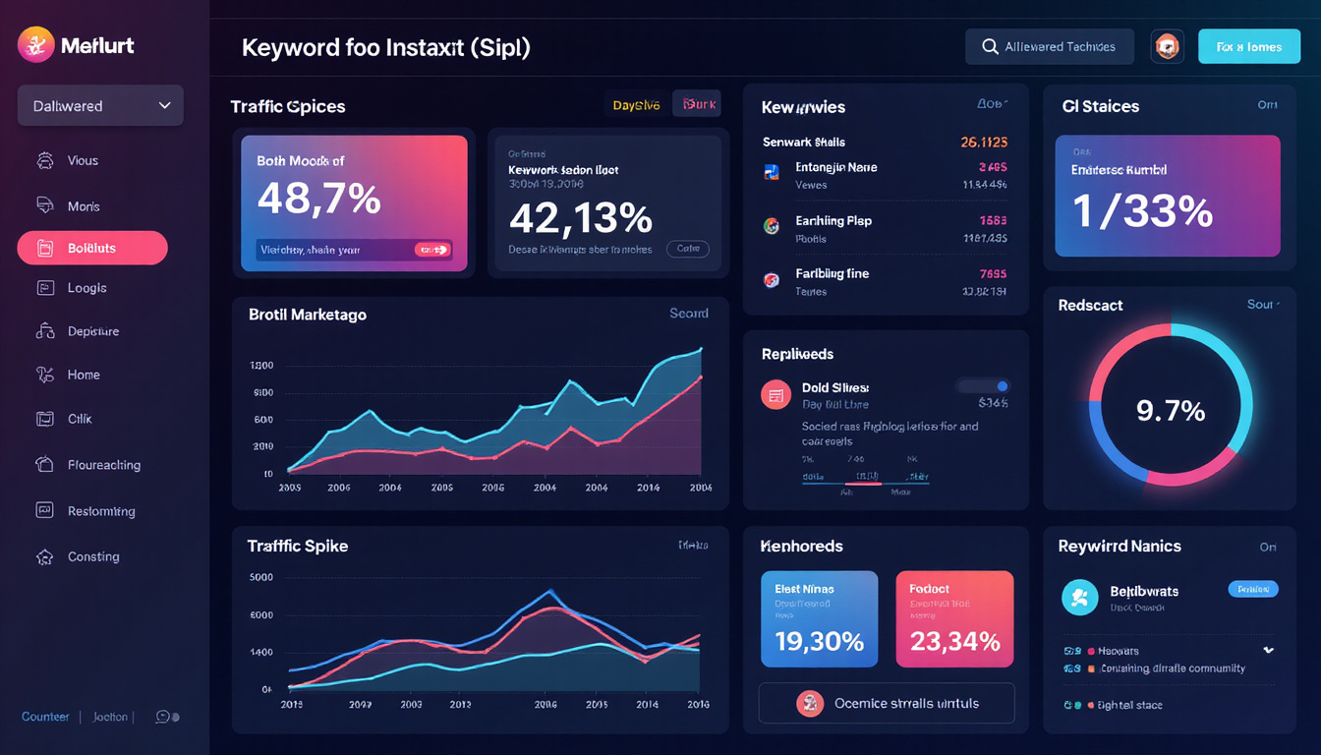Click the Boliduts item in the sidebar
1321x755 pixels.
click(92, 249)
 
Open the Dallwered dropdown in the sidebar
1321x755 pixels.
click(100, 105)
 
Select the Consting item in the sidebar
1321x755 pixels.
click(92, 556)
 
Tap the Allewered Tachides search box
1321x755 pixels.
click(1049, 46)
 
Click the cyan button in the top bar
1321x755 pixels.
click(1248, 46)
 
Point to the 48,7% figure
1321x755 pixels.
click(318, 200)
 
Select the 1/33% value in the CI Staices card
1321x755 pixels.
click(1143, 211)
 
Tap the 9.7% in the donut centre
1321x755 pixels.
click(1171, 410)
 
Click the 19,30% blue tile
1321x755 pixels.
click(819, 619)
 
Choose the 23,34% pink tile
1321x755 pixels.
click(954, 619)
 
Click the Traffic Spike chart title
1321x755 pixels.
click(298, 546)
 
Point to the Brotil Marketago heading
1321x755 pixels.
click(308, 315)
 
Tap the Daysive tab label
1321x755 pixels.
click(636, 105)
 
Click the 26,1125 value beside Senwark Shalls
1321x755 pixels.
click(983, 143)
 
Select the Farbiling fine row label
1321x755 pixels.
click(832, 273)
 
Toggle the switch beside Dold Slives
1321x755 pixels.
click(984, 386)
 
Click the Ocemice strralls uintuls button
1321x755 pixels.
click(887, 703)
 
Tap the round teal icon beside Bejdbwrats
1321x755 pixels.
click(1079, 597)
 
